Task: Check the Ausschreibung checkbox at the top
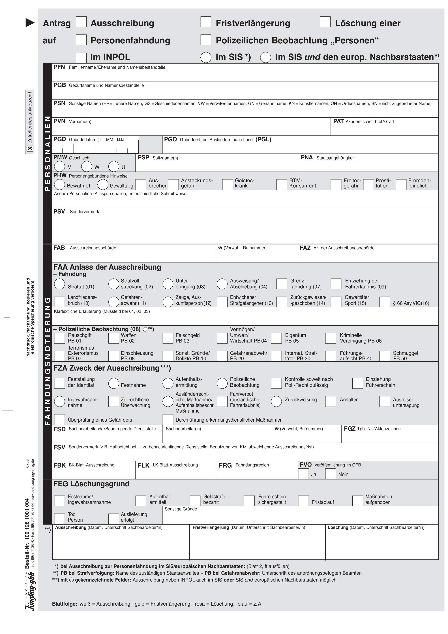pos(81,22)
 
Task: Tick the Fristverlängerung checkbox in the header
pos(206,22)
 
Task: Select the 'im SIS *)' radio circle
pos(206,57)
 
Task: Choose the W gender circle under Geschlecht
pos(87,166)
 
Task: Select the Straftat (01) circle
pos(60,284)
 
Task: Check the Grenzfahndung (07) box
pos(282,284)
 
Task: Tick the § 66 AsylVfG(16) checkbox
pos(385,302)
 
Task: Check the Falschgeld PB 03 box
pos(168,338)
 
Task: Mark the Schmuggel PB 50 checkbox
pos(385,356)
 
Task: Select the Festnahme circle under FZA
pos(114,383)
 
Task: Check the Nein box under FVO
pos(331,474)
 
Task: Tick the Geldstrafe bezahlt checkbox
pos(195,501)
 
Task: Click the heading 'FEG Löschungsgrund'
pos(91,484)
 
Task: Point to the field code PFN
pos(59,67)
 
